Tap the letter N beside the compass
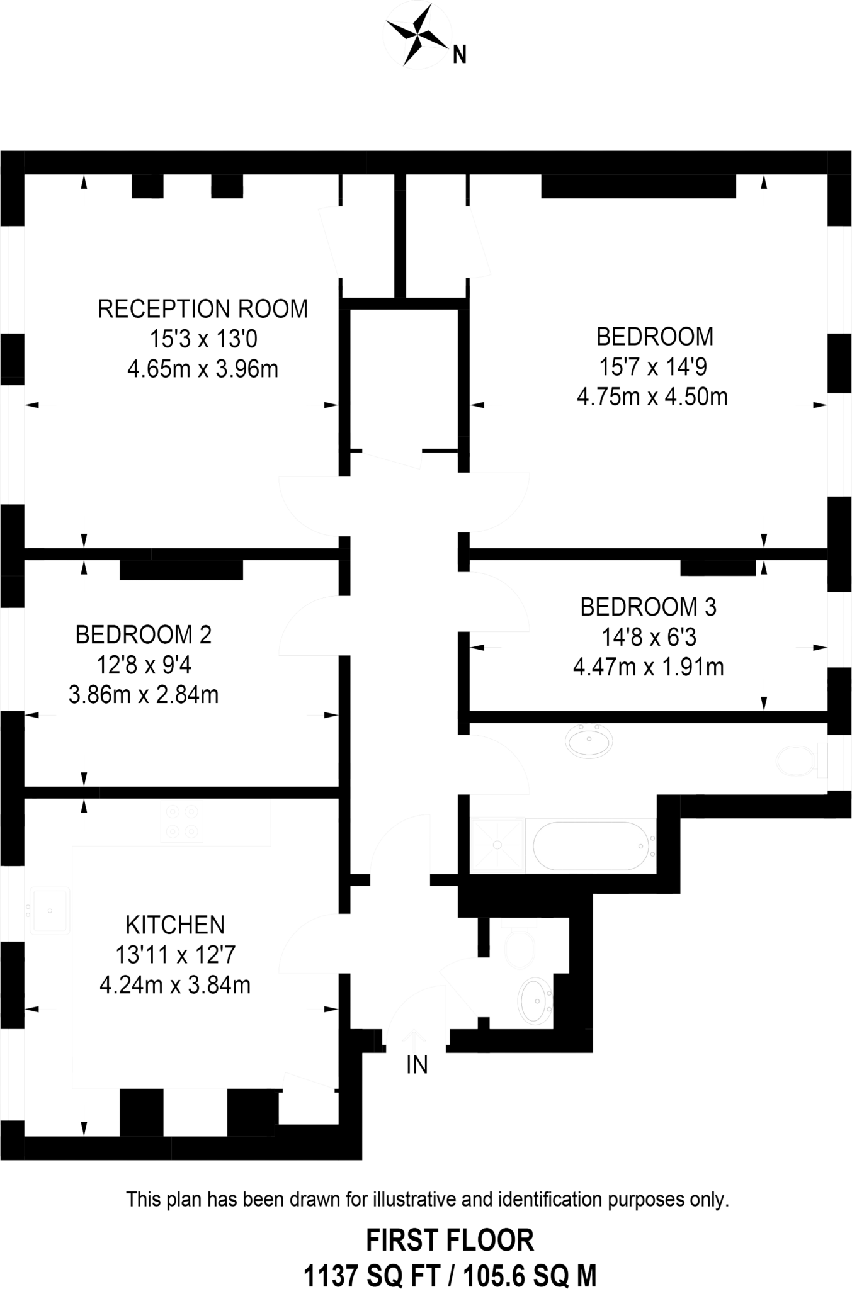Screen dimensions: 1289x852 460,55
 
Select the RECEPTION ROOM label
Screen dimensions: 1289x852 203,309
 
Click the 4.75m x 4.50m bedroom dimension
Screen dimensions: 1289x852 652,397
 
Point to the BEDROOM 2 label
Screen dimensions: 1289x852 144,634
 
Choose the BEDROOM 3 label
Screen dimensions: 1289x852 648,607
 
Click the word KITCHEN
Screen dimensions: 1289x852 175,925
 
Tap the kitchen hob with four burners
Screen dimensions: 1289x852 182,823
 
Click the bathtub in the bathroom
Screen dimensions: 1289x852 591,845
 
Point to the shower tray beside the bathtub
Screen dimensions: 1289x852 497,845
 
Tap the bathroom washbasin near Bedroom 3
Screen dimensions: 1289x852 589,741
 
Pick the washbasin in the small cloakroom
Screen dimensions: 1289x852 535,1001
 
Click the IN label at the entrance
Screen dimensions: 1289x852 417,1065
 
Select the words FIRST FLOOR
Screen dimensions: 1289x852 450,1240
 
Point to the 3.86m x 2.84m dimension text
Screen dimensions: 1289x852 144,695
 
